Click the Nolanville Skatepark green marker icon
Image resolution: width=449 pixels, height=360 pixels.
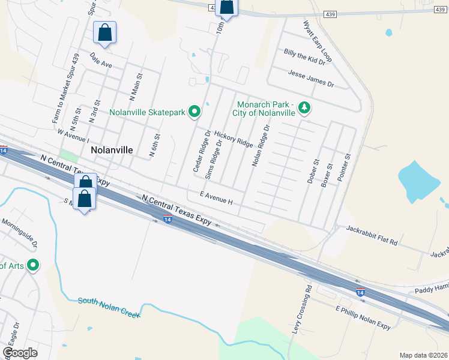point(194,112)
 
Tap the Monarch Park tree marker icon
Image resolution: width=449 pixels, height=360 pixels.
point(305,107)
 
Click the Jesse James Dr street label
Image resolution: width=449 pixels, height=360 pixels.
point(310,78)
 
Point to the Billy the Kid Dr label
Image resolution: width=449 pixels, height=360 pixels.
point(304,58)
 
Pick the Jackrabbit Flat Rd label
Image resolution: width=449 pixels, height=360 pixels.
point(372,235)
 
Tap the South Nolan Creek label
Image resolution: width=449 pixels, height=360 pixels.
point(109,307)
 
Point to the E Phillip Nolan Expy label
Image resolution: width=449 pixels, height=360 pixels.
point(363,318)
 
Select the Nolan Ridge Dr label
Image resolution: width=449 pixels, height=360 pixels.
point(261,145)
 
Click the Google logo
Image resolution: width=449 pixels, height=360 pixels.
point(19,353)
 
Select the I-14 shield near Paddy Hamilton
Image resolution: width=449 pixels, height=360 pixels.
point(360,292)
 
